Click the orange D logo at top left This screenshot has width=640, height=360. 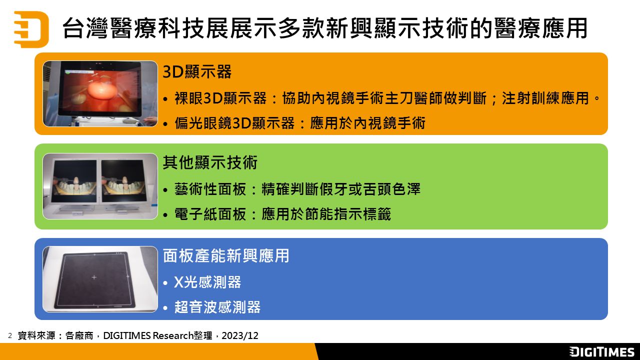[31, 29]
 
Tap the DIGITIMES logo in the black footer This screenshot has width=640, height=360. [601, 351]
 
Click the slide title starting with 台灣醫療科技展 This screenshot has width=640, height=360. [324, 28]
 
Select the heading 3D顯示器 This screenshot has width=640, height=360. [197, 71]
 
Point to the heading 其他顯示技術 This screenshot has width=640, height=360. [210, 162]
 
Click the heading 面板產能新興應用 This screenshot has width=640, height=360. [226, 255]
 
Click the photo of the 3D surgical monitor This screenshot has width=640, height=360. [100, 93]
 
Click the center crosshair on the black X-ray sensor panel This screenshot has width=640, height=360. [94, 277]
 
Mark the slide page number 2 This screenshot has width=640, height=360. [10, 335]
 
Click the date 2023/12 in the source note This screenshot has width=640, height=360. [240, 335]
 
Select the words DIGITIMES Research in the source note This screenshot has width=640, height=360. [148, 335]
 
